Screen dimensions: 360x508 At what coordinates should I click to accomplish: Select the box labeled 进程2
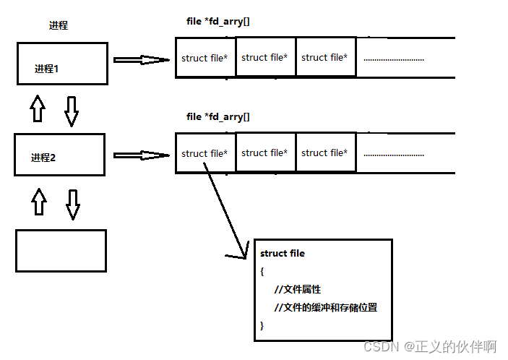coord(60,153)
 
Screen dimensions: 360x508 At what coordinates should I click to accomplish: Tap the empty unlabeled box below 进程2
coord(61,250)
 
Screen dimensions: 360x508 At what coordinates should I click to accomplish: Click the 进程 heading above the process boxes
coord(58,25)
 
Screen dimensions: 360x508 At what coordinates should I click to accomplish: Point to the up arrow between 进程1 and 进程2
coord(37,108)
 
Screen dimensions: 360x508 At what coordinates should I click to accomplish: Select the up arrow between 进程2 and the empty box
coord(39,202)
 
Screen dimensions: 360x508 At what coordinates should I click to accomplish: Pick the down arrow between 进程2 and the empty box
coord(72,203)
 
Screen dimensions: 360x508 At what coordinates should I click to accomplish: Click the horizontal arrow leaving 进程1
coord(141,59)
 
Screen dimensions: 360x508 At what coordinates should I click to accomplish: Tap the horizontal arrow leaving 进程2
coord(141,154)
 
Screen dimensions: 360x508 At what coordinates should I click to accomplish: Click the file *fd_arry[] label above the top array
coord(218,22)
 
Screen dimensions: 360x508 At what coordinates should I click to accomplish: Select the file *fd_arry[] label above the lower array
coord(218,116)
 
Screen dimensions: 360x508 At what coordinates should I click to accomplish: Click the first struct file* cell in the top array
coord(205,58)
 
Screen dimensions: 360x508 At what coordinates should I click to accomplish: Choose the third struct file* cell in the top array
coord(324,57)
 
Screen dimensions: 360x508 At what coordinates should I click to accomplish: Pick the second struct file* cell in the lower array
coord(264,153)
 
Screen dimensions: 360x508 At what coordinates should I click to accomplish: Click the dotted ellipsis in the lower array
coord(393,154)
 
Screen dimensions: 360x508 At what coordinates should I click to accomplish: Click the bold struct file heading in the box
coord(283,254)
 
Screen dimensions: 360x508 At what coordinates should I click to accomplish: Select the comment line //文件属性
coord(298,289)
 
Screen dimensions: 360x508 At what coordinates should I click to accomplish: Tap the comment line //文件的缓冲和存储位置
coord(326,307)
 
